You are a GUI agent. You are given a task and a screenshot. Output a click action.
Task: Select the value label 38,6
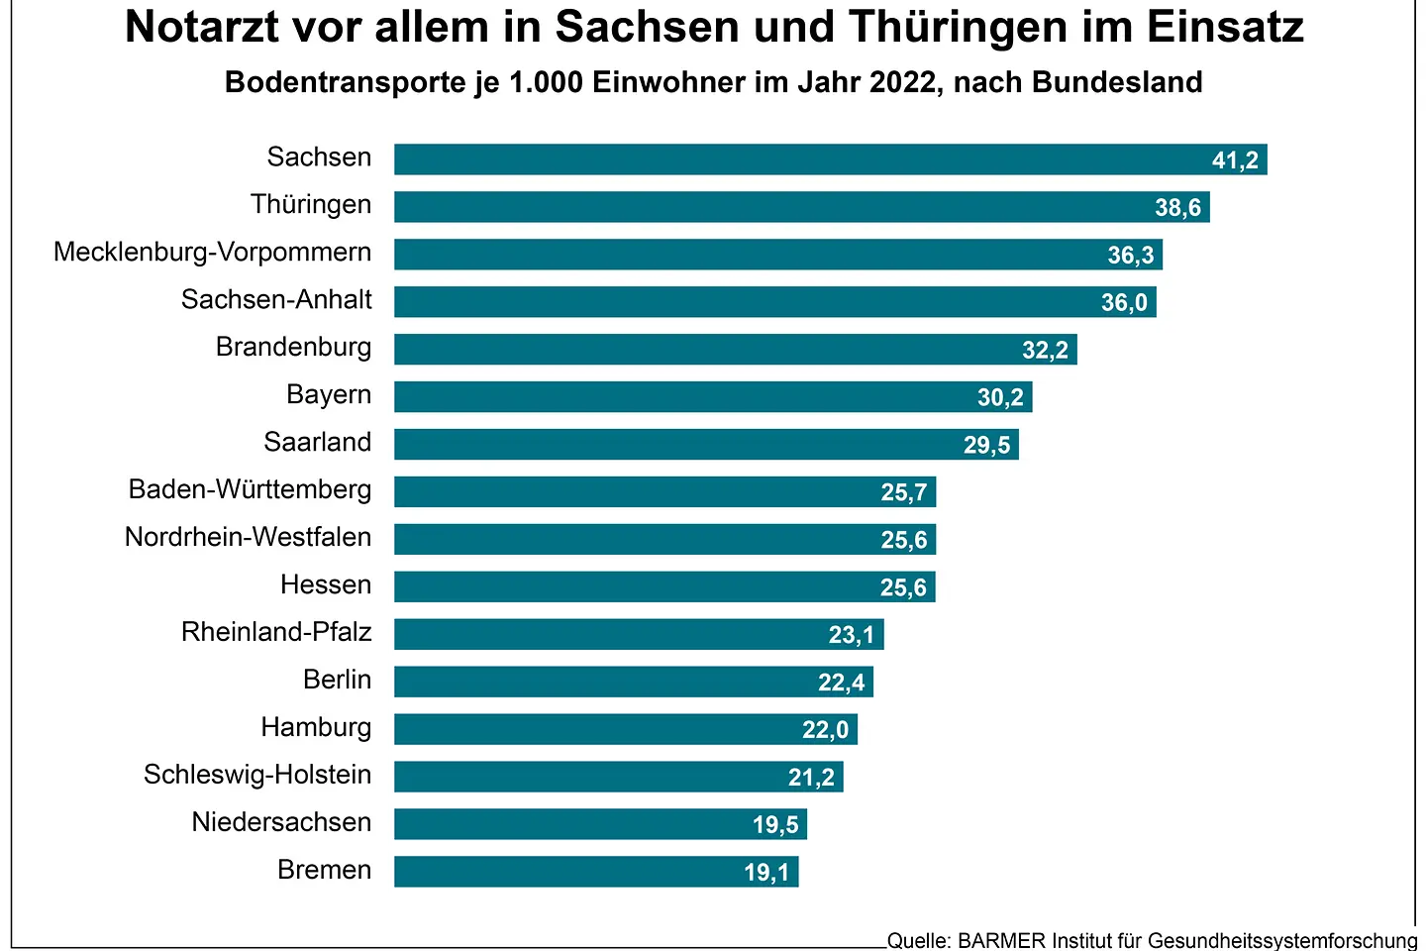[x=1177, y=208]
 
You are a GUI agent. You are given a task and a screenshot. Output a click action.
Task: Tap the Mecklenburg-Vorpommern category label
[x=212, y=253]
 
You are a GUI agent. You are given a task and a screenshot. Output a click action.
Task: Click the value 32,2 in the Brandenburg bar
[x=1045, y=350]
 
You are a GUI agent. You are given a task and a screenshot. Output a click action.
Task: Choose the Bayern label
[x=329, y=395]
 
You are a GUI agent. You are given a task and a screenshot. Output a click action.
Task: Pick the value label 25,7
[x=904, y=492]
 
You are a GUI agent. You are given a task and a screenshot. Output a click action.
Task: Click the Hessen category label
[x=326, y=585]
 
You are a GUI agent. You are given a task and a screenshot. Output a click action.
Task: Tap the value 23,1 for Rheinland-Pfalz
[x=852, y=635]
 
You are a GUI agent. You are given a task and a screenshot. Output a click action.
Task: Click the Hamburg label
[x=316, y=728]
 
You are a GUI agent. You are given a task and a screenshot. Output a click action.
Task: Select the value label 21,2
[x=811, y=778]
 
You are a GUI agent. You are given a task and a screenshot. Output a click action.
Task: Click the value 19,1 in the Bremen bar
[x=766, y=873]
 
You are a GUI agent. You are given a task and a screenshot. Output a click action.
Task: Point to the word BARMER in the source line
[x=1001, y=940]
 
